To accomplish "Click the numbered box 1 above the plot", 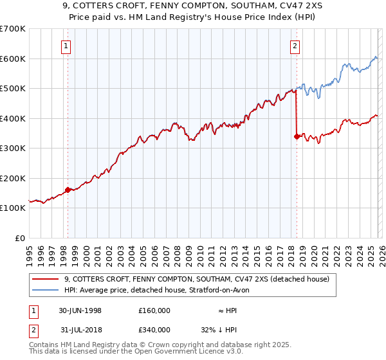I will pos(68,46).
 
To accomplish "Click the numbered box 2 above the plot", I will pos(295,46).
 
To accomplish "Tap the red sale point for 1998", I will pos(68,190).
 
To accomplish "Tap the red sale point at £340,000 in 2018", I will pos(296,136).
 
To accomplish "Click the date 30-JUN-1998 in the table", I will pos(80,310).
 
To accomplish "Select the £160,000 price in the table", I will pos(154,310).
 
